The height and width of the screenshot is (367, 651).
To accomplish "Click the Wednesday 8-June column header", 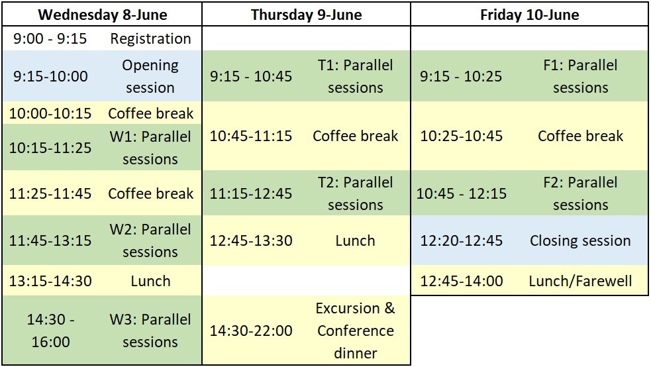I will [x=102, y=15].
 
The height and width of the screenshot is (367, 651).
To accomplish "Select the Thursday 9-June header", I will [x=306, y=15].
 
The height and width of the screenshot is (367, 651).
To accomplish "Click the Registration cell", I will [x=150, y=39].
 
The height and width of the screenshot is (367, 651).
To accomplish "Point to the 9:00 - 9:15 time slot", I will [x=50, y=39].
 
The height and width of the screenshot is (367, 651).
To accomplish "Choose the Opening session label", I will [x=150, y=76].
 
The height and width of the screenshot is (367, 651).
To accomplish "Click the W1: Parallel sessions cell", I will [x=150, y=148].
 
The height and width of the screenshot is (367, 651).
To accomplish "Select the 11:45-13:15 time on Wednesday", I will [x=50, y=240].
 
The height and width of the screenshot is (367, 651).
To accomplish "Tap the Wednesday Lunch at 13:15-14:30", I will [x=150, y=281].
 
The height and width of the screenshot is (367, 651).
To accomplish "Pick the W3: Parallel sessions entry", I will [x=150, y=331].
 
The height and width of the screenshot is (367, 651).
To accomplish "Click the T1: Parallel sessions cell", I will [x=356, y=76].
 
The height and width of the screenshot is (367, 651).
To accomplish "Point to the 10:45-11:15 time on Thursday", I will [x=251, y=136].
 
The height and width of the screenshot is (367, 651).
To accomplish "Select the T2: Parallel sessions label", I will [x=356, y=193].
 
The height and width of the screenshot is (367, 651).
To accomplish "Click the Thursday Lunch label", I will [x=356, y=240].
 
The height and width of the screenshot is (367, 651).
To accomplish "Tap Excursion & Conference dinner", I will [x=356, y=331].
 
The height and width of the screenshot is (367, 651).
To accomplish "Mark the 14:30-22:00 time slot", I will [x=251, y=331].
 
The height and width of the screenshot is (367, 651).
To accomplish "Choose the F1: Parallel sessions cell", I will [x=580, y=76].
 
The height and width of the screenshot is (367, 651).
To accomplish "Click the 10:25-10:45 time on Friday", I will [x=462, y=136].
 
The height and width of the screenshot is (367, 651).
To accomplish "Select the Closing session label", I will [x=580, y=240].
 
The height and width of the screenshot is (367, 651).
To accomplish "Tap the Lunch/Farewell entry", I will [x=580, y=281].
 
